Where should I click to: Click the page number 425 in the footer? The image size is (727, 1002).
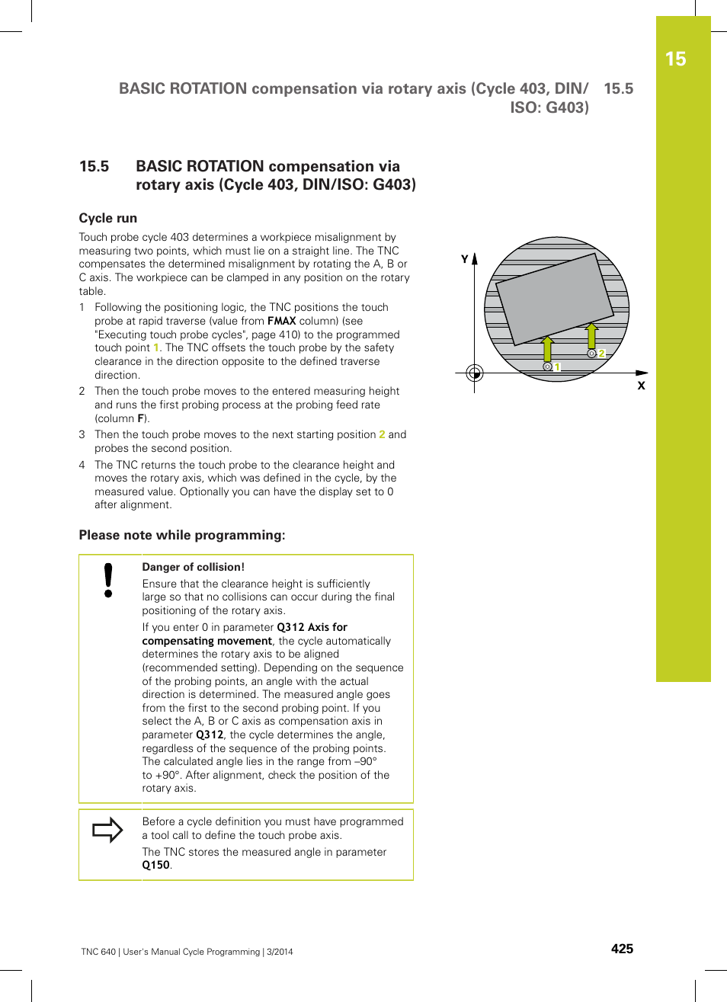(x=622, y=949)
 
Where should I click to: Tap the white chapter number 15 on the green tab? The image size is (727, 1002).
(x=675, y=59)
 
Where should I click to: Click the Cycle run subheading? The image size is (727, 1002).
(x=108, y=218)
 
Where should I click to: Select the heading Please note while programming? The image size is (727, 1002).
(x=182, y=535)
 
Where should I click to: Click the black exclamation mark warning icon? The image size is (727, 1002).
(x=109, y=581)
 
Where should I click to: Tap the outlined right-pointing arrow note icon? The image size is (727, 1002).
(x=107, y=830)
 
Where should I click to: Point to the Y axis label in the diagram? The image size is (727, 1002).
(x=465, y=259)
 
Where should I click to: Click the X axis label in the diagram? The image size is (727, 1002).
(x=641, y=386)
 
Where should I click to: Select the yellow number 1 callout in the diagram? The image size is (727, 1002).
(x=558, y=367)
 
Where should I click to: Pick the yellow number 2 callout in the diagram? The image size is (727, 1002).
(x=601, y=354)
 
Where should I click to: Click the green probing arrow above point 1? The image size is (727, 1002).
(x=547, y=349)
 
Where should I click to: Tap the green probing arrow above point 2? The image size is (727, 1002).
(x=591, y=335)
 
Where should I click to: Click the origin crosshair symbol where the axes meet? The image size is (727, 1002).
(x=474, y=373)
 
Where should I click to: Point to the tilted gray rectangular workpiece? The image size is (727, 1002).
(x=554, y=298)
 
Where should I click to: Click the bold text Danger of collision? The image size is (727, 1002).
(x=194, y=567)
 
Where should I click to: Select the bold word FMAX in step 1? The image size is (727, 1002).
(x=281, y=321)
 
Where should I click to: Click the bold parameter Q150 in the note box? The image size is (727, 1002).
(x=156, y=865)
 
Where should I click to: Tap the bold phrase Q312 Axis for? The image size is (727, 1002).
(x=312, y=627)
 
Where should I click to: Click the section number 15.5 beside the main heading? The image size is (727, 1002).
(x=94, y=166)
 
